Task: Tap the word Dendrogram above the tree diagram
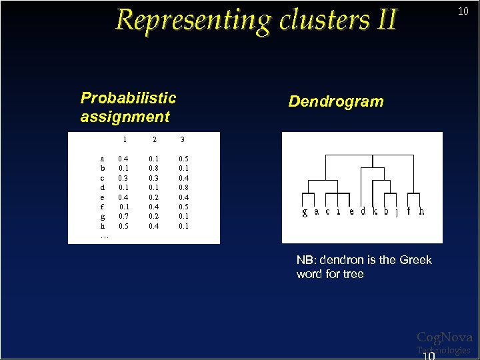point(336,101)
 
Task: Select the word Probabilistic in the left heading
point(128,98)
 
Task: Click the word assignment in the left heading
point(125,117)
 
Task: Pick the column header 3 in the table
point(183,140)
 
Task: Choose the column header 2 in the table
point(155,140)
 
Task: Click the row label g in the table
point(102,217)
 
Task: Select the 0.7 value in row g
point(123,217)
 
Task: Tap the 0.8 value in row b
point(154,169)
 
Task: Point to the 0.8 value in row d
point(183,188)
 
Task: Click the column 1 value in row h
point(123,226)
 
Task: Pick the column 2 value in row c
point(154,178)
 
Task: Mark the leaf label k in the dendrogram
point(375,211)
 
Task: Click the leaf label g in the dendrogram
point(305,212)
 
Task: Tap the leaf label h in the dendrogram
point(421,211)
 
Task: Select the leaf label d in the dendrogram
point(363,211)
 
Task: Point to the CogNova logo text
point(444,337)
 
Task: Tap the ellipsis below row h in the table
point(104,237)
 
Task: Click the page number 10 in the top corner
point(463,11)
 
